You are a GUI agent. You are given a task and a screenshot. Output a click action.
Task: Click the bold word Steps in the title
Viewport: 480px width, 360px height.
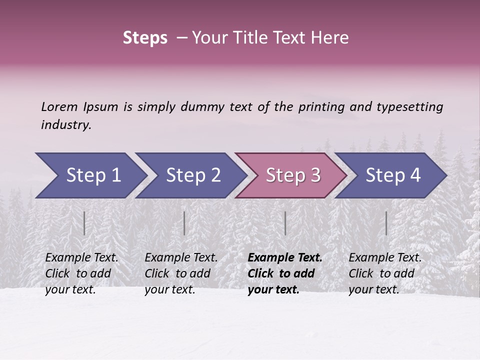pyautogui.click(x=145, y=38)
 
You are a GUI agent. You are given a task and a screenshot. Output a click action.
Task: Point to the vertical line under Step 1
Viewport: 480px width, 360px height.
pyautogui.click(x=84, y=223)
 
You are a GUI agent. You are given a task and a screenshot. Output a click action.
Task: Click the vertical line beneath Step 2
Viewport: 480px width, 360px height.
pyautogui.click(x=184, y=223)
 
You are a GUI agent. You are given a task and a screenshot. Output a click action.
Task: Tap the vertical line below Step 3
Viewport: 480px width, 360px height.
pyautogui.click(x=285, y=223)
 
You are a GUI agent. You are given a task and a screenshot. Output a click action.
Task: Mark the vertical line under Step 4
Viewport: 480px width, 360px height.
pyautogui.click(x=386, y=223)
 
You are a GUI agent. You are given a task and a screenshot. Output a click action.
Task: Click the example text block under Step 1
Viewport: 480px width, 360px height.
pyautogui.click(x=81, y=273)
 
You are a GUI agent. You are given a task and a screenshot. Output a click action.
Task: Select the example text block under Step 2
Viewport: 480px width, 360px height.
pyautogui.click(x=181, y=273)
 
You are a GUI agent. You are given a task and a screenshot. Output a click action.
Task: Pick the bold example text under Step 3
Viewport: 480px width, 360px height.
pyautogui.click(x=285, y=273)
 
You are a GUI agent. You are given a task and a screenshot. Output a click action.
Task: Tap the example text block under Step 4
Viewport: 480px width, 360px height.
pyautogui.click(x=385, y=273)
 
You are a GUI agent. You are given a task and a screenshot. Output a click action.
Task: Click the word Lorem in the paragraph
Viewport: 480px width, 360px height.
pyautogui.click(x=59, y=107)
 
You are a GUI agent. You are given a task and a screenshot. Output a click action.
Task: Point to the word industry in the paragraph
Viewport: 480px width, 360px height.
pyautogui.click(x=66, y=125)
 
